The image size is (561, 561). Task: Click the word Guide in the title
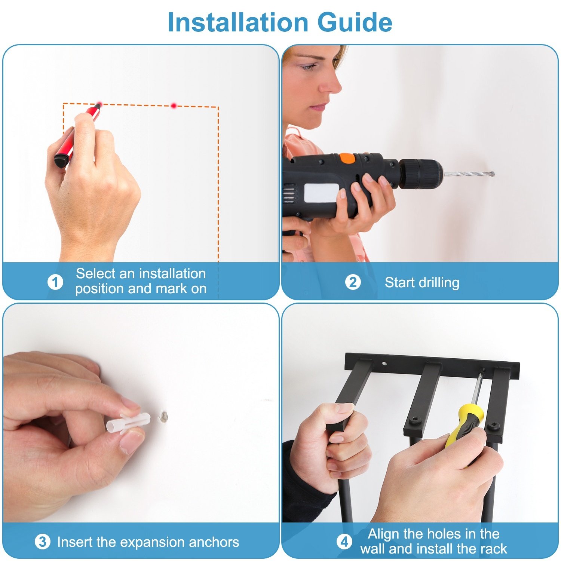[355, 22]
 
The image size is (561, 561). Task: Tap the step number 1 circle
[55, 282]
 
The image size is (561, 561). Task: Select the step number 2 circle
[353, 282]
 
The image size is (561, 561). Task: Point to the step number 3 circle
[42, 542]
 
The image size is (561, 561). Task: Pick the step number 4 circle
[344, 542]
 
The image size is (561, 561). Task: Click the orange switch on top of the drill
[347, 158]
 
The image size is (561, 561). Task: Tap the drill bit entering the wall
[468, 174]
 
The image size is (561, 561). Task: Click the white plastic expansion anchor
[128, 423]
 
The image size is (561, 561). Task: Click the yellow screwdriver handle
[465, 424]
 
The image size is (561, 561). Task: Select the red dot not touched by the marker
[174, 106]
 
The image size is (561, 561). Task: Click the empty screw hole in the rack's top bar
[384, 363]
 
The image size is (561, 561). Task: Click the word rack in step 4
[493, 549]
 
